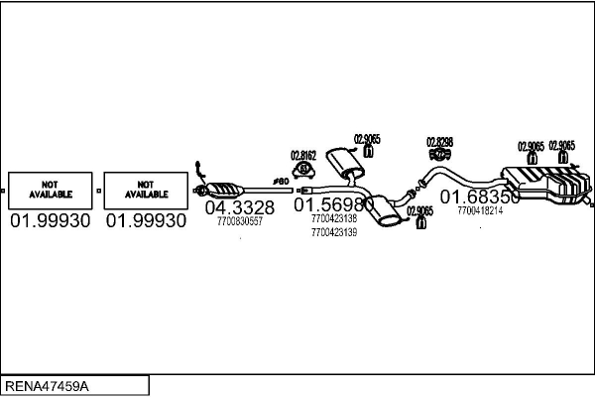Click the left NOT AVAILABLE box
point(50,189)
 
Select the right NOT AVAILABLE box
point(146,189)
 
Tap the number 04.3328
point(239,207)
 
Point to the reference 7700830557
point(239,221)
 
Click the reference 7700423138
point(333,218)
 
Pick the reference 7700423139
point(333,232)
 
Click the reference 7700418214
point(480,210)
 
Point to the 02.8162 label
point(302,156)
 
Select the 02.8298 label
point(439,142)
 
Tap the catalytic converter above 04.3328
point(226,189)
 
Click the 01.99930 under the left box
point(50,220)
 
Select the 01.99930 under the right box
point(146,220)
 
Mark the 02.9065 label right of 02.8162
point(367,139)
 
